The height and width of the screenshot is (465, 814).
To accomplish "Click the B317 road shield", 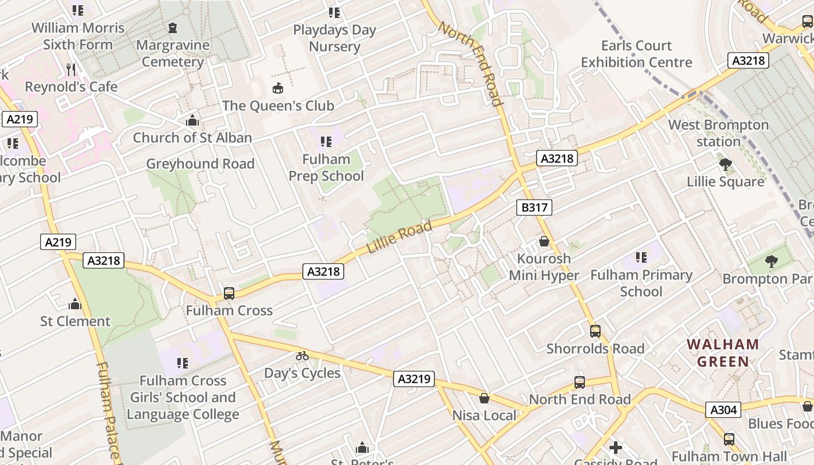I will coord(534,208).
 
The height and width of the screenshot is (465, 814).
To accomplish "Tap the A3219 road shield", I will coord(414,379).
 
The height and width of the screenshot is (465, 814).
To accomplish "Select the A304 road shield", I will coord(724,410).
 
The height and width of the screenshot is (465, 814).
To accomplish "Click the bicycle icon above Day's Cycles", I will coord(302,355).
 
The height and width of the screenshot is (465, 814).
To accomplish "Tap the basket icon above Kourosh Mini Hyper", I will coord(544,241).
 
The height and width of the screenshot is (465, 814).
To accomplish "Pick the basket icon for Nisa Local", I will coord(484,398).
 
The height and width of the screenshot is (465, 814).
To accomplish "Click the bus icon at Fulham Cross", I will coord(229,293).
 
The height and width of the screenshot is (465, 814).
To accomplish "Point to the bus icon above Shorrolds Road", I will coord(595,331).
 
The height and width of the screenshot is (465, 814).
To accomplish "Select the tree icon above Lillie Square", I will coord(725,164).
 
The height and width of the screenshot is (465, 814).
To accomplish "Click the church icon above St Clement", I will coord(75,304).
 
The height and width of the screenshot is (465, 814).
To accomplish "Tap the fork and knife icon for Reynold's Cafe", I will coord(71,70).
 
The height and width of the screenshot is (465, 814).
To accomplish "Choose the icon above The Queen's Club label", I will coord(278,88).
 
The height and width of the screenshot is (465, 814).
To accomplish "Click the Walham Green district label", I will coord(723,353).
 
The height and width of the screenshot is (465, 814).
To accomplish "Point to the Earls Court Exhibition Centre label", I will coord(636,54).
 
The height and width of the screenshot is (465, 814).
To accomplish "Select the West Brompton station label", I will coord(718,133).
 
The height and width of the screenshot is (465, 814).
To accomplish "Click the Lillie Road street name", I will coord(399,237).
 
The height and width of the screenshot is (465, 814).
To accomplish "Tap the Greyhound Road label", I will coord(200,164).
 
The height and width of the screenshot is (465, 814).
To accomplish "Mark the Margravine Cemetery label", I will coord(173,53).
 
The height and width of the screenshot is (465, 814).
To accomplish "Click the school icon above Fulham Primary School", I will coord(641,257).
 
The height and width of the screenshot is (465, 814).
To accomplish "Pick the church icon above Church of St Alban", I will coord(192,120).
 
